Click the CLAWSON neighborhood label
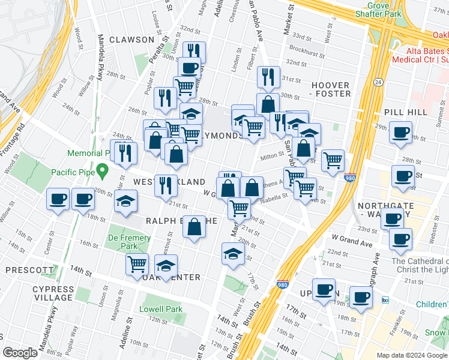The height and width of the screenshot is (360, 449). coord(131,40)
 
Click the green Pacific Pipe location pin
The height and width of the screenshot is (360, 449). coord(103,172)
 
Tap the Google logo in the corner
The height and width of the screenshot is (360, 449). coord(20,353)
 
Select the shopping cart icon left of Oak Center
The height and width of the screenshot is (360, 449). coord(137,263)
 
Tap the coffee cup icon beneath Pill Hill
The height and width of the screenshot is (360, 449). coord(400,133)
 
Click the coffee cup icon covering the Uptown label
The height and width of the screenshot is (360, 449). coord(325,290)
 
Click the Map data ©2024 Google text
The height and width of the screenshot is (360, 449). coord(412,355)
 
